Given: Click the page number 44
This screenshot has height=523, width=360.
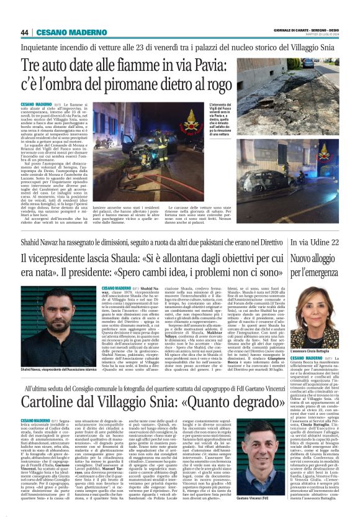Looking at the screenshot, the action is (x=24, y=32).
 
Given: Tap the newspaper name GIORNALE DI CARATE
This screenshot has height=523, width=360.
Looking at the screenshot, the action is (x=292, y=30).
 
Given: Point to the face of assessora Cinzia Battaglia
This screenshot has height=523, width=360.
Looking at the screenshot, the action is (x=316, y=303).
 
